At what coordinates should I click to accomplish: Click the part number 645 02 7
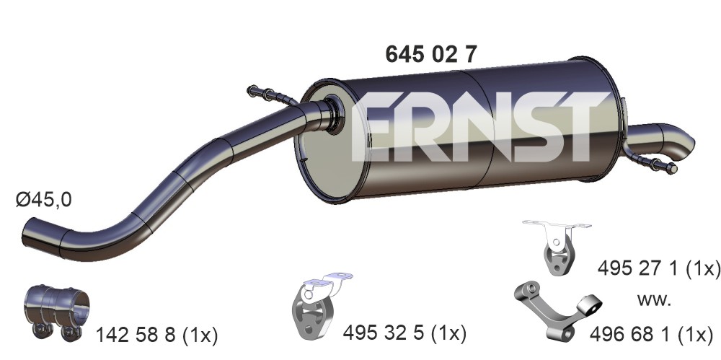431,55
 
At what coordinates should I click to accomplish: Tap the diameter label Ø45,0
44,200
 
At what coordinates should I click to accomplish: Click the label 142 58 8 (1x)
156,335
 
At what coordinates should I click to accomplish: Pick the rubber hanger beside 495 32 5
317,303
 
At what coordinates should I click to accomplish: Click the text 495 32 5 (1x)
404,333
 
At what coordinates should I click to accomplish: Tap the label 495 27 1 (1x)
658,268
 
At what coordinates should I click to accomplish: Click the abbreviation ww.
654,300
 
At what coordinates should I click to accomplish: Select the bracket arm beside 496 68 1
557,307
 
